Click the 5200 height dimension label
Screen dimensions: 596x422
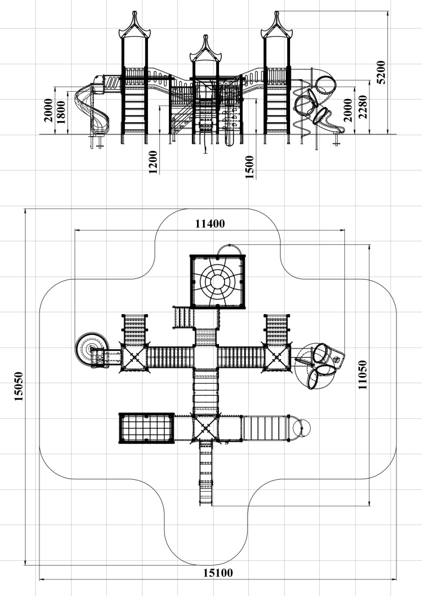(x=383, y=73)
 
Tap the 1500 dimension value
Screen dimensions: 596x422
(x=249, y=167)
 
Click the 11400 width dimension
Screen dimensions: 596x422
(x=210, y=224)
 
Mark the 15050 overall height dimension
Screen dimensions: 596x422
(x=19, y=387)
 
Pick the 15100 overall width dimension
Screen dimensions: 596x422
(x=218, y=573)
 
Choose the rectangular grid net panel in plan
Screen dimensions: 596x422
(x=146, y=428)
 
